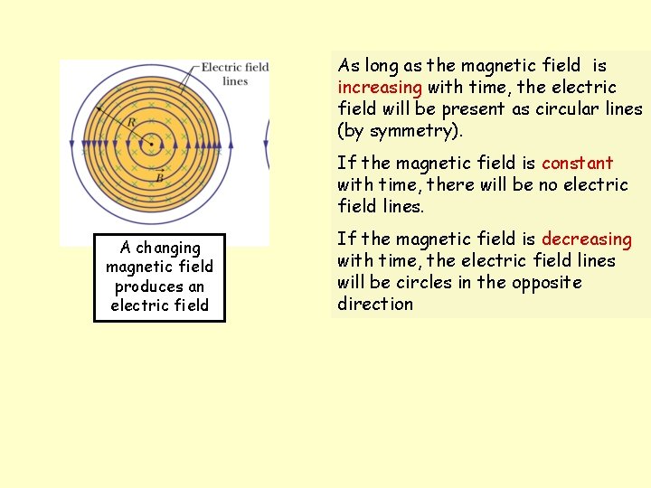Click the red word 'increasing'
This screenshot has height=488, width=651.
tap(380, 88)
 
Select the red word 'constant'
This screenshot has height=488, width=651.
tap(577, 164)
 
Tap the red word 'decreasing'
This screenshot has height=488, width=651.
tap(587, 239)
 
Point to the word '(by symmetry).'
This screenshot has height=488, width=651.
tap(399, 131)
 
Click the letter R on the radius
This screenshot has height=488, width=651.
tap(131, 123)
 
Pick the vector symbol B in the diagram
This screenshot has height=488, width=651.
tap(159, 177)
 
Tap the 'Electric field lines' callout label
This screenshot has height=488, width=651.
tap(234, 74)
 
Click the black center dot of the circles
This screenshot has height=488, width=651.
tap(151, 143)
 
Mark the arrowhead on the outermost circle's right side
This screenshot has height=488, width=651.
tap(232, 144)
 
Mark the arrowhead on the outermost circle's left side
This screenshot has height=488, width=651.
tap(71, 144)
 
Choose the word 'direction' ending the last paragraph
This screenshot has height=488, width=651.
tap(374, 305)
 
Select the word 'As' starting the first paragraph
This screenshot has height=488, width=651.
tap(348, 66)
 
